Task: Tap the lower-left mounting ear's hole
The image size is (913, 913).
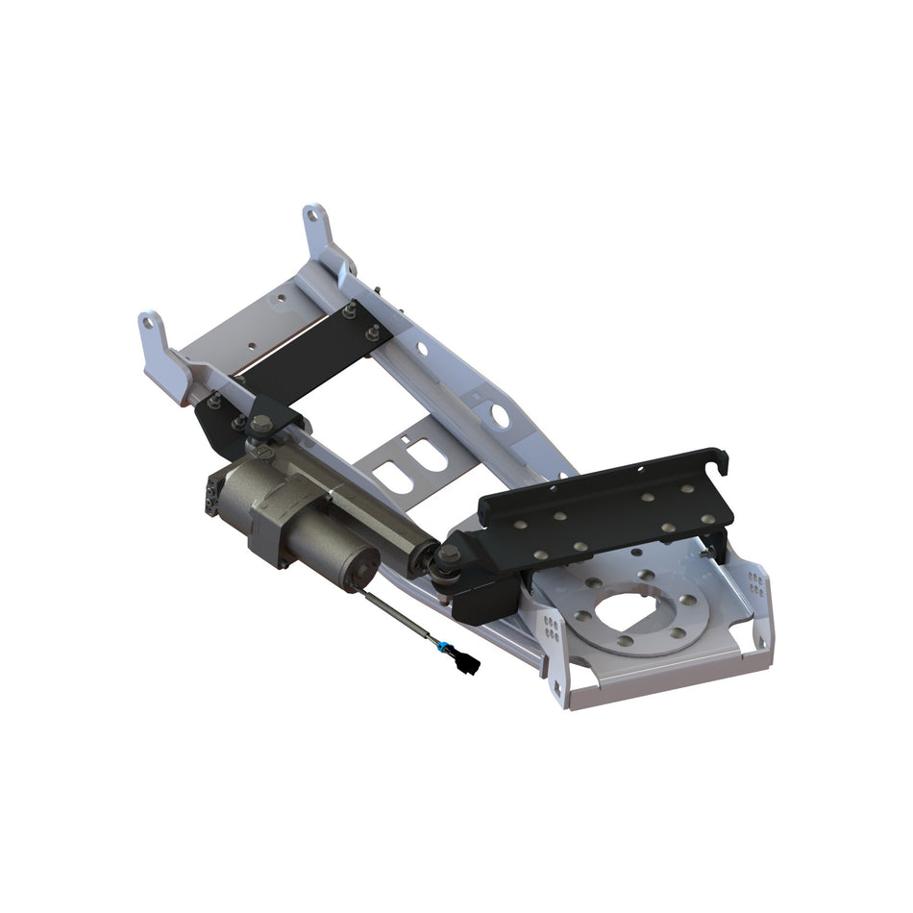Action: point(148,324)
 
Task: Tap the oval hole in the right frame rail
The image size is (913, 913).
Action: point(500,414)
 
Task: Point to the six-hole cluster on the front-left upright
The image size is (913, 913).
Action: point(551,627)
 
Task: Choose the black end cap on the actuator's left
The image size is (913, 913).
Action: point(210,495)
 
